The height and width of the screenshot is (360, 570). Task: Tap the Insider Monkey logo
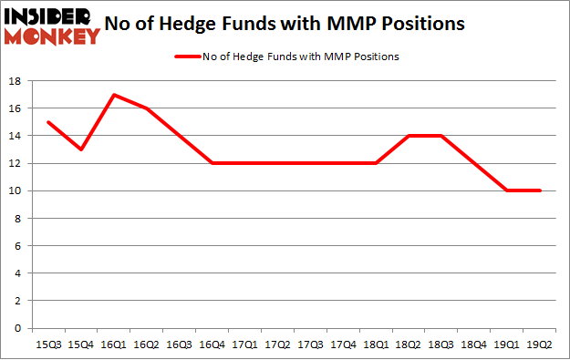pos(51,25)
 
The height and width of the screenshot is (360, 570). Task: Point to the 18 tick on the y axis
pos(15,81)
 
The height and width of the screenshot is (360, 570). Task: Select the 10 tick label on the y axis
pos(15,191)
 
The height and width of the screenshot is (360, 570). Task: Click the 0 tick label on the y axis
pos(17,328)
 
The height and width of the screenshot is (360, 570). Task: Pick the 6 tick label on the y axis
pos(17,246)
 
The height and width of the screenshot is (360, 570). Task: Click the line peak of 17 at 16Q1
pos(111,95)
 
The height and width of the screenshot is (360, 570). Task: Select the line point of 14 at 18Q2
pos(409,136)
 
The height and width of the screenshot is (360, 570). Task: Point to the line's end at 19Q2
pos(540,190)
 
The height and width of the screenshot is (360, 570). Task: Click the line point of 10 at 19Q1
pos(507,190)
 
